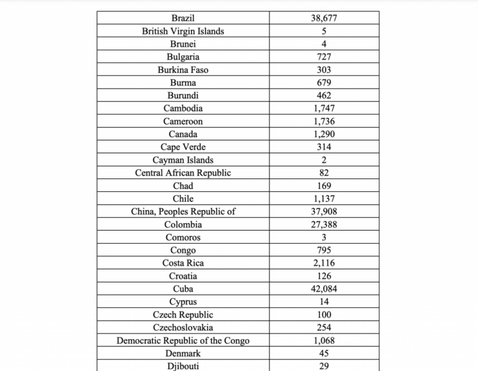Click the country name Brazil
pos(183,18)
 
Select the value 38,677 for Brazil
pos(324,18)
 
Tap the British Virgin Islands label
pos(183,31)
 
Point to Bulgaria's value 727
pos(324,57)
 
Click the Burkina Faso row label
pos(183,70)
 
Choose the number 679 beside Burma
pos(324,83)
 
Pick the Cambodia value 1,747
pos(324,108)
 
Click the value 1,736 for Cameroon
pos(324,122)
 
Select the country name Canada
pos(183,134)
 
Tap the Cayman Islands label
pos(183,160)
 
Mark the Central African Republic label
pos(183,173)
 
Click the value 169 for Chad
pos(324,186)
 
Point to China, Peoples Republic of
pos(183,211)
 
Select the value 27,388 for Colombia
pos(324,224)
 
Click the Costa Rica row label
pos(183,263)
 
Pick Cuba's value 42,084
pos(324,289)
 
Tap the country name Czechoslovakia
pos(183,327)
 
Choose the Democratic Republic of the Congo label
pos(183,340)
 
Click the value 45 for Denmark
pos(324,354)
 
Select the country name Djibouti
pos(183,367)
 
